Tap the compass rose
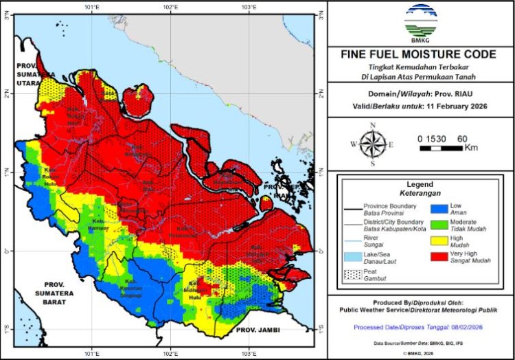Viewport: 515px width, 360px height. click(372, 144)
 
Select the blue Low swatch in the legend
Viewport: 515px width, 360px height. click(439, 208)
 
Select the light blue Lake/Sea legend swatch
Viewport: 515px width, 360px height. click(351, 256)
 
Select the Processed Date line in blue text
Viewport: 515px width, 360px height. click(420, 328)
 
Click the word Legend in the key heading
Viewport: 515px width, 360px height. click(420, 185)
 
